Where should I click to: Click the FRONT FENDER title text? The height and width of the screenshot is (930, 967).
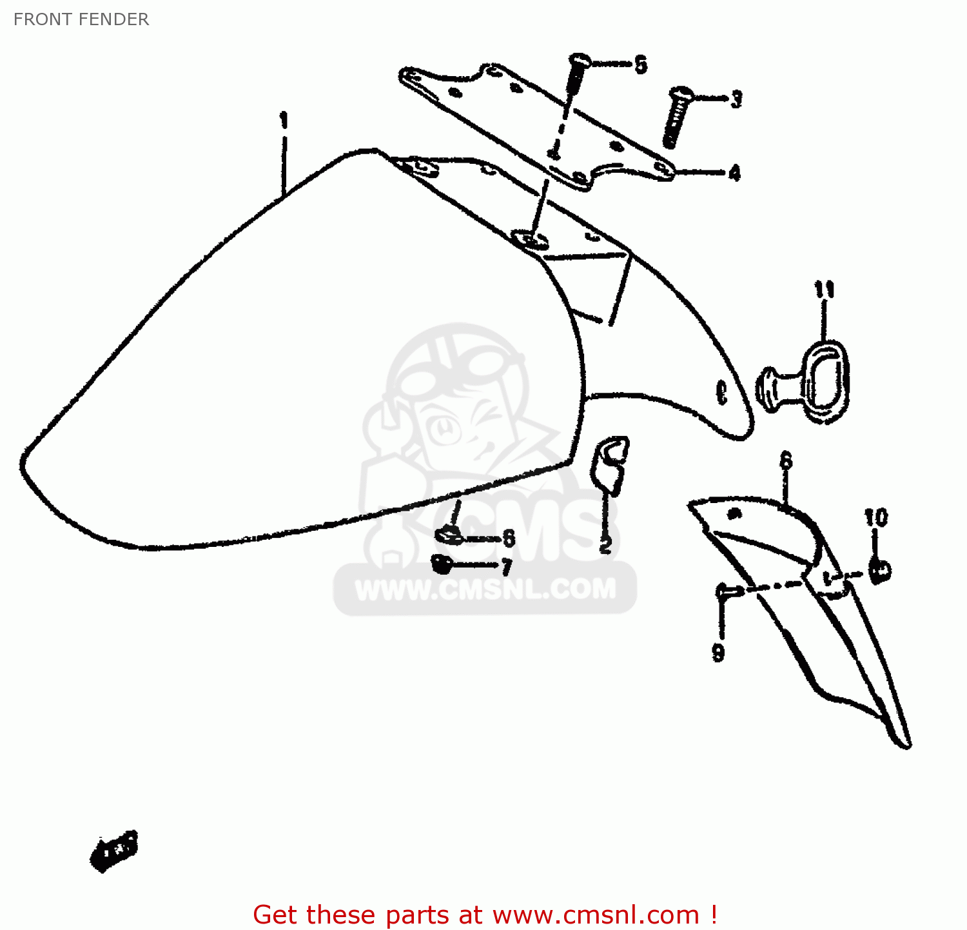pos(81,19)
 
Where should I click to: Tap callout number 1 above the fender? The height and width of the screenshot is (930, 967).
pos(283,120)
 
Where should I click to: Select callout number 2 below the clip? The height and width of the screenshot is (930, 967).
pos(605,544)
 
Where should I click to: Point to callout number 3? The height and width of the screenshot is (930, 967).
pos(736,99)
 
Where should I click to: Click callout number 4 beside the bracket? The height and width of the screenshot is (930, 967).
pos(734,173)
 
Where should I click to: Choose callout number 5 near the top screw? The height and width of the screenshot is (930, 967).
pos(640,64)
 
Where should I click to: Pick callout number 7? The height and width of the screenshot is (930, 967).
pos(507,567)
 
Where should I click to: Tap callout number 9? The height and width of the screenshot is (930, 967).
pos(718,652)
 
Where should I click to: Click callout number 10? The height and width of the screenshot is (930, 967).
pos(876,517)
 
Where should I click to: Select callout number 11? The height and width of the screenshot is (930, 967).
pos(824,290)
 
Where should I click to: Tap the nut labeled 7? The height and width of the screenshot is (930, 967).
pos(442,564)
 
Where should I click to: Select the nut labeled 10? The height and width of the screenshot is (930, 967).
pos(879,569)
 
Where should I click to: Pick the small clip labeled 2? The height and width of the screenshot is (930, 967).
pos(610,462)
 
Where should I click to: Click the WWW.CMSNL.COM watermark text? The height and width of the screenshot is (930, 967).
pos(485,589)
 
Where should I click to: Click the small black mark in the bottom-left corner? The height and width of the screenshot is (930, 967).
pos(114,850)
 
